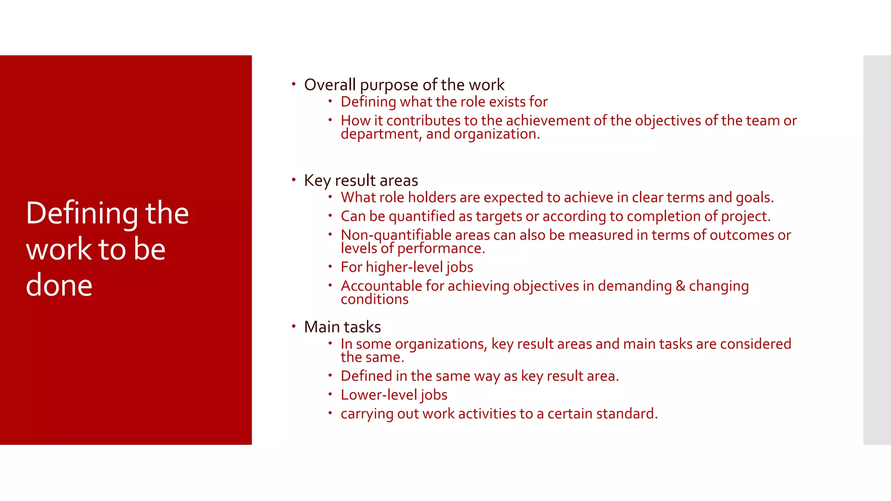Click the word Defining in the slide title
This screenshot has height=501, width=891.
coord(81,214)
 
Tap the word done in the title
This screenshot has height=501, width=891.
coord(59,285)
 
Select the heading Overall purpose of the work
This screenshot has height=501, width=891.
coord(404,85)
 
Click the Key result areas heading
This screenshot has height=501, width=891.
coord(361,180)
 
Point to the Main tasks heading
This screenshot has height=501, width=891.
coord(342,327)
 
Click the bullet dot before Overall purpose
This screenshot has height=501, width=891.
coord(294,83)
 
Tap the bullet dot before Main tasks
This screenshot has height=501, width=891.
coord(294,326)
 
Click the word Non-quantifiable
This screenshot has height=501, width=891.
coord(396,235)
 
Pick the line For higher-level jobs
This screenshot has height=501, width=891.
coord(407,267)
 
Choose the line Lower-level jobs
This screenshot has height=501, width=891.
coord(394,395)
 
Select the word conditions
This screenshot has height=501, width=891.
coord(375,300)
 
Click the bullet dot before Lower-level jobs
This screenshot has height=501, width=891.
coord(330,394)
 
